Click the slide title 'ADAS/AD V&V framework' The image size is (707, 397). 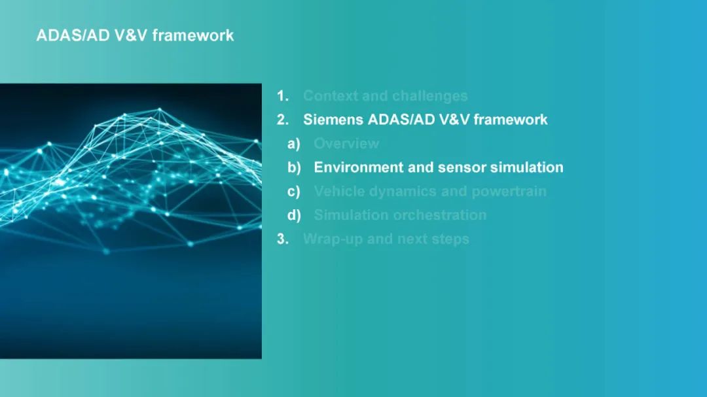click(x=135, y=35)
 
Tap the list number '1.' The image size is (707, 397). click(x=283, y=96)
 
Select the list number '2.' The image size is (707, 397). click(x=283, y=120)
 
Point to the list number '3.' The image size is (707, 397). click(x=283, y=239)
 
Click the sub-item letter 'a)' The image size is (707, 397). click(x=294, y=144)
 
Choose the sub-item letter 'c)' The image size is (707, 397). click(x=294, y=192)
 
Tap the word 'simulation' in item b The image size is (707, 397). click(x=526, y=167)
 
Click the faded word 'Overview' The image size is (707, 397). click(x=347, y=144)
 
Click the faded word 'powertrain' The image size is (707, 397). click(x=509, y=192)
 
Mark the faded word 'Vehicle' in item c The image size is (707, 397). click(x=340, y=192)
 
